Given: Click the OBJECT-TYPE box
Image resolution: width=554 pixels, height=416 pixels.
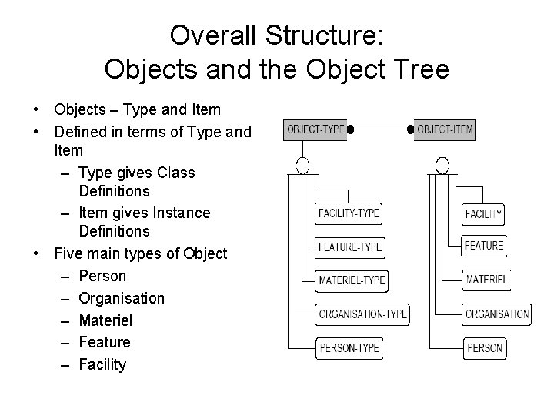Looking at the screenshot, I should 315,130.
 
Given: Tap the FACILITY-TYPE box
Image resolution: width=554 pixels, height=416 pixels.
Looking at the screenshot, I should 349,213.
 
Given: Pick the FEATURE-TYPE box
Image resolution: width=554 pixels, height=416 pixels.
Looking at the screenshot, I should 350,247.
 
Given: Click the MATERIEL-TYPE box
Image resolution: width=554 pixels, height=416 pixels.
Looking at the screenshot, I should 352,280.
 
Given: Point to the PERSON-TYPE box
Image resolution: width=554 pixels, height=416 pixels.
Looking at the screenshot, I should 349,347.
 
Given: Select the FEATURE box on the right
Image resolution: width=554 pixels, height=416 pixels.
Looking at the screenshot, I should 484,247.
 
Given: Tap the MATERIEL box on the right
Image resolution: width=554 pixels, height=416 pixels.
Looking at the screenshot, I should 486,280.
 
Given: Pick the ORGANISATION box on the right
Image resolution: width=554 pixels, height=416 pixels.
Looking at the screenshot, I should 496,314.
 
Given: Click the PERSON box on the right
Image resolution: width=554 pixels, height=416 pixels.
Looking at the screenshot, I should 485,348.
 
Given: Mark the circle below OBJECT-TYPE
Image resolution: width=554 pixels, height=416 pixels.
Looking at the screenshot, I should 303,165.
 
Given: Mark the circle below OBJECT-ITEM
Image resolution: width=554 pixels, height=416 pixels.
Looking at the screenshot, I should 442,165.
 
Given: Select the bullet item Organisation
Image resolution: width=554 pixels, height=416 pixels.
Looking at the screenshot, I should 122,298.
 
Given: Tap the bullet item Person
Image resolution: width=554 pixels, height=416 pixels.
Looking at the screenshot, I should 102,276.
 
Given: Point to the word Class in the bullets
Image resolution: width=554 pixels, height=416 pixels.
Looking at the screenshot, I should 176,173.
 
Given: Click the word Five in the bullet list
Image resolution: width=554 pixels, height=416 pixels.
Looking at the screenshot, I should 68,253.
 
